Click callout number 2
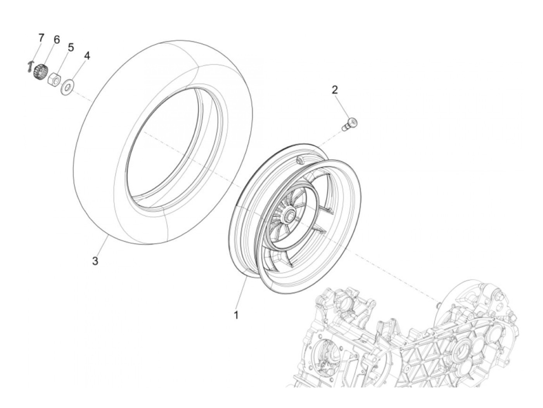[334, 90]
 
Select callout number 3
[95, 261]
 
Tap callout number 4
[87, 56]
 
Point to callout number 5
[71, 47]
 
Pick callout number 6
[57, 40]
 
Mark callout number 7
[41, 38]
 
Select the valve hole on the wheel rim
[299, 160]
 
